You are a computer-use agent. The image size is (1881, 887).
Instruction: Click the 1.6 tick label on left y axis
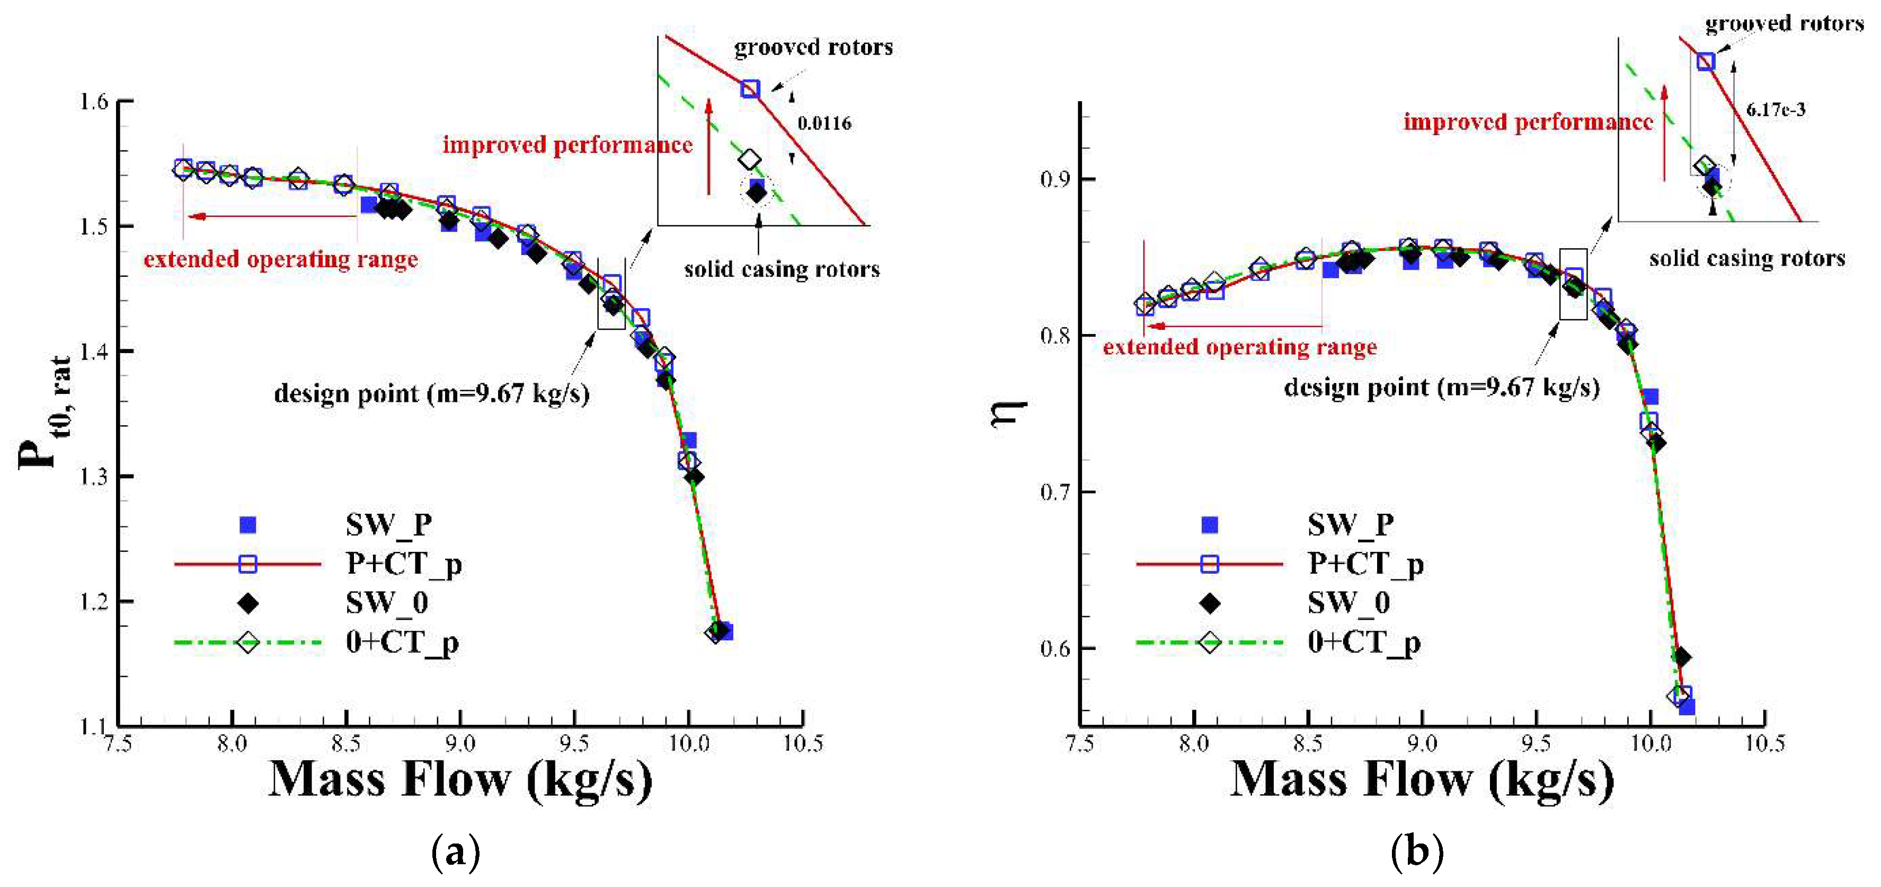click(93, 102)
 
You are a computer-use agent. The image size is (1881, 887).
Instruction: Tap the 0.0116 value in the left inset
click(824, 123)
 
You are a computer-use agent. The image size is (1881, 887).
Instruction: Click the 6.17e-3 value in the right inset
click(1775, 110)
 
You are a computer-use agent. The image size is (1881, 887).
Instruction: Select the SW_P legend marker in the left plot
click(249, 524)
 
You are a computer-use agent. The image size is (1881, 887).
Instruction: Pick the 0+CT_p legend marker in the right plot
click(1210, 643)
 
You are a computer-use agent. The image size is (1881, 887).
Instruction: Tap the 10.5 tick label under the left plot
click(803, 744)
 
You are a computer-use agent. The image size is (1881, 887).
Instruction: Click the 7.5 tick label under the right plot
click(1080, 744)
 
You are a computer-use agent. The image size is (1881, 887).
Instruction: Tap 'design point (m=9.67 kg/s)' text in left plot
click(431, 394)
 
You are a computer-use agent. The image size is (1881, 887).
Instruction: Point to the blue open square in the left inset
click(750, 89)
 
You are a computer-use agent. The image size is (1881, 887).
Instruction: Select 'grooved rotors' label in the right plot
click(1784, 24)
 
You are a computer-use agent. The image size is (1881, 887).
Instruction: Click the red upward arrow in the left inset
click(708, 146)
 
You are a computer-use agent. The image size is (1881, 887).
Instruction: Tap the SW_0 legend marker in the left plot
click(249, 603)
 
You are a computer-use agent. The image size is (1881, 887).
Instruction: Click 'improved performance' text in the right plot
click(1528, 122)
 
